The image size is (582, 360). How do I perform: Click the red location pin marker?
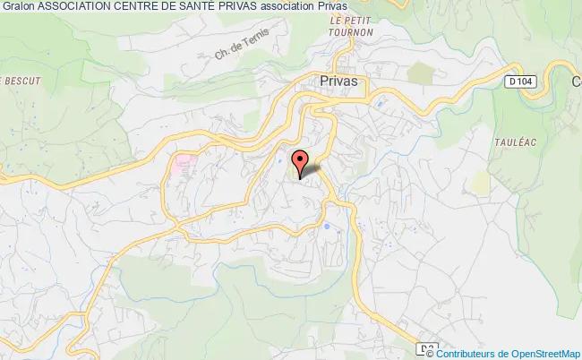(x=301, y=161)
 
